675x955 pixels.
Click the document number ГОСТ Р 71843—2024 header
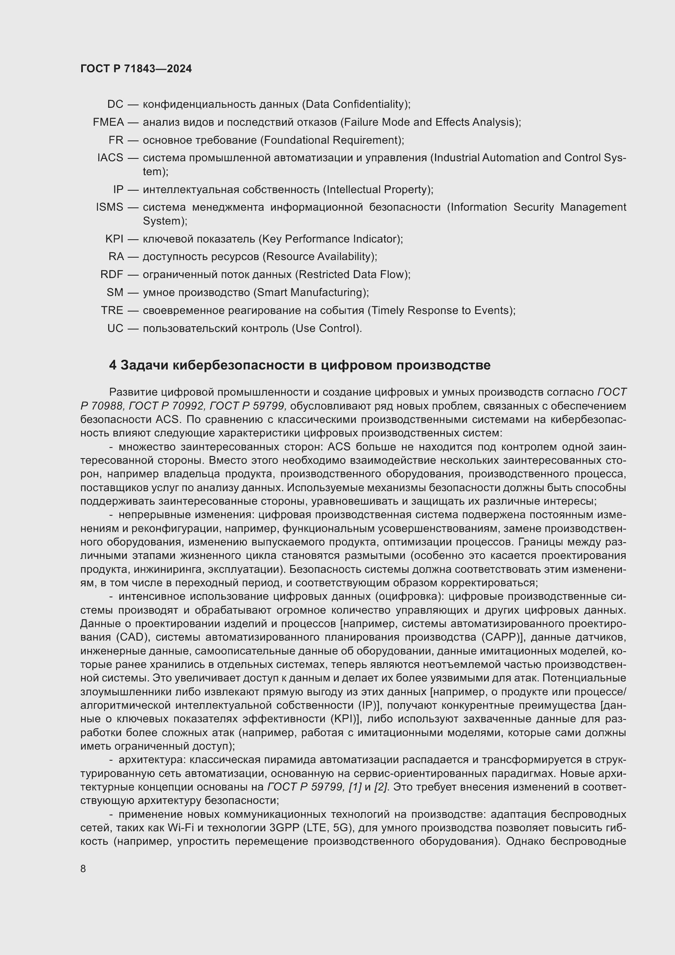tap(136, 69)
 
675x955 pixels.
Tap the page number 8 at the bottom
tap(83, 868)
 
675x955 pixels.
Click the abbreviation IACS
tap(110, 158)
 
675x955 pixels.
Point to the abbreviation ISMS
tap(109, 207)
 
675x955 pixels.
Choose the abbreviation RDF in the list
tap(111, 274)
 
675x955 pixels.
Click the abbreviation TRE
tap(112, 310)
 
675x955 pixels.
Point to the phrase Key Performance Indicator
tap(330, 239)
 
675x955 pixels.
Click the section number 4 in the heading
tap(113, 365)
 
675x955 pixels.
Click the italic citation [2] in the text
tap(381, 786)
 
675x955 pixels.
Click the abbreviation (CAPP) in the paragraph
tap(502, 637)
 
